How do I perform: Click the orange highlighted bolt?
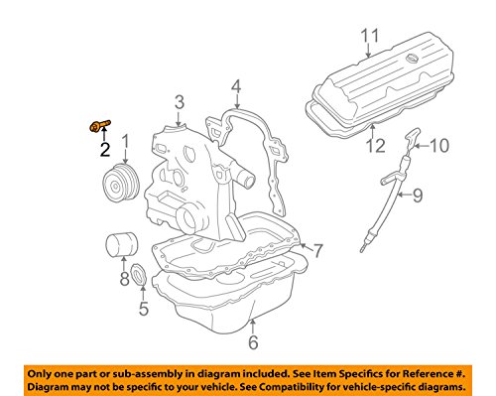point(99,126)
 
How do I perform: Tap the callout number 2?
point(105,150)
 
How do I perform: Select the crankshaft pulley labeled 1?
point(121,183)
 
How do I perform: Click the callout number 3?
point(180,102)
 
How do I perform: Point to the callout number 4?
point(236,86)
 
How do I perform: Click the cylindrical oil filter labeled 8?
point(122,245)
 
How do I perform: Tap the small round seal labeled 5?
point(139,274)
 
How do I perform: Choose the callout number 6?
point(253,342)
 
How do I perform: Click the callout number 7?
point(317,251)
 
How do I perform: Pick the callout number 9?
point(418,196)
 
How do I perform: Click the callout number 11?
point(369,36)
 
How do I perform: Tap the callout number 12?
point(376,146)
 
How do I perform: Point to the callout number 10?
point(439,146)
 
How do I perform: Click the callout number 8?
point(124,279)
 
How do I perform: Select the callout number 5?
point(144,309)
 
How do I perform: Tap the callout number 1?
point(126,141)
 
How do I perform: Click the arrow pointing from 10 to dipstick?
point(421,146)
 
